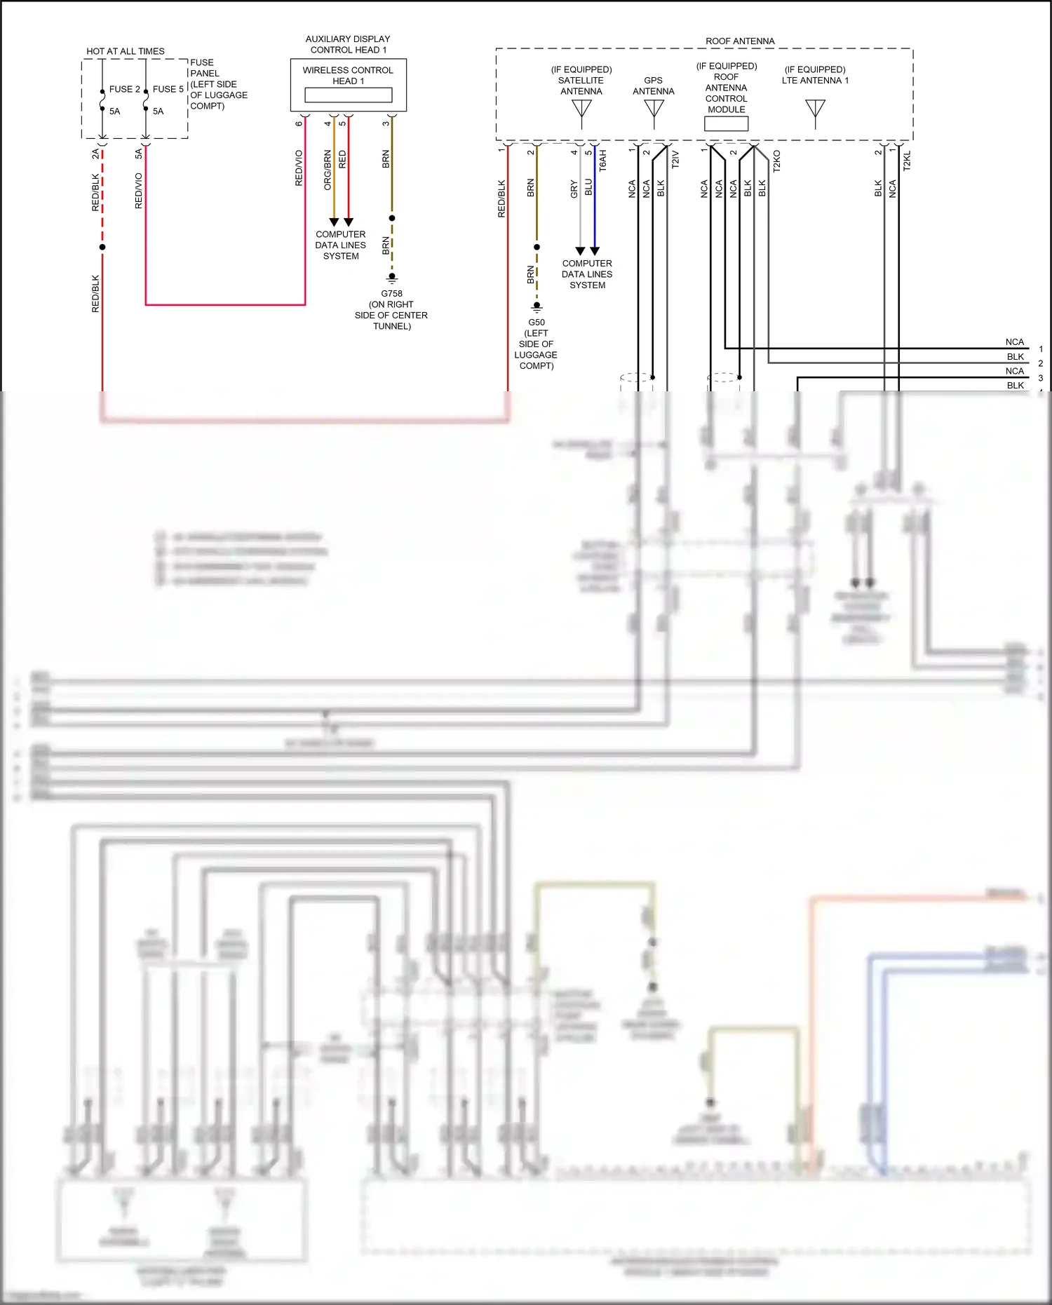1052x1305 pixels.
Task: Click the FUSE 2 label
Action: coord(124,89)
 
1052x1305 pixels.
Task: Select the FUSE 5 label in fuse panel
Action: coord(168,89)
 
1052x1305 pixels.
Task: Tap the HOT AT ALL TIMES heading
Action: coord(126,51)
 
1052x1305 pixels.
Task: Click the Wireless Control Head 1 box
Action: coord(349,85)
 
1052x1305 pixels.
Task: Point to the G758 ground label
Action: coord(391,294)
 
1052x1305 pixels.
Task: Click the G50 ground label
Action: coord(537,323)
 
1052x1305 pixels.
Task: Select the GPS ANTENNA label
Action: coord(653,86)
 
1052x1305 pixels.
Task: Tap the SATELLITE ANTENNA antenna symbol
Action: coord(581,111)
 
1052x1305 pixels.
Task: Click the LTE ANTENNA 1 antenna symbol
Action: coord(815,111)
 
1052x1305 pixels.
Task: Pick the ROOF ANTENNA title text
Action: coord(740,41)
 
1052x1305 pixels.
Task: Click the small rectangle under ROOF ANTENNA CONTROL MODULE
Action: coord(726,123)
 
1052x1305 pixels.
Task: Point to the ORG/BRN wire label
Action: coord(328,170)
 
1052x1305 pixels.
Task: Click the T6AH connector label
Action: coord(603,161)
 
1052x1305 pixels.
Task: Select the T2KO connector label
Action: coord(776,161)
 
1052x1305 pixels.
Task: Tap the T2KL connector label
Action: coord(907,161)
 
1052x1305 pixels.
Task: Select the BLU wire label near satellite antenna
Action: coord(588,187)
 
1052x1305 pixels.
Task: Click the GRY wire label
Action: coord(574,189)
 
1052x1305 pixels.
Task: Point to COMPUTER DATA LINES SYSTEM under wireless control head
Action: coord(341,245)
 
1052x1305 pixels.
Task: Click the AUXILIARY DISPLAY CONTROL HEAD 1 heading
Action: coord(348,44)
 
